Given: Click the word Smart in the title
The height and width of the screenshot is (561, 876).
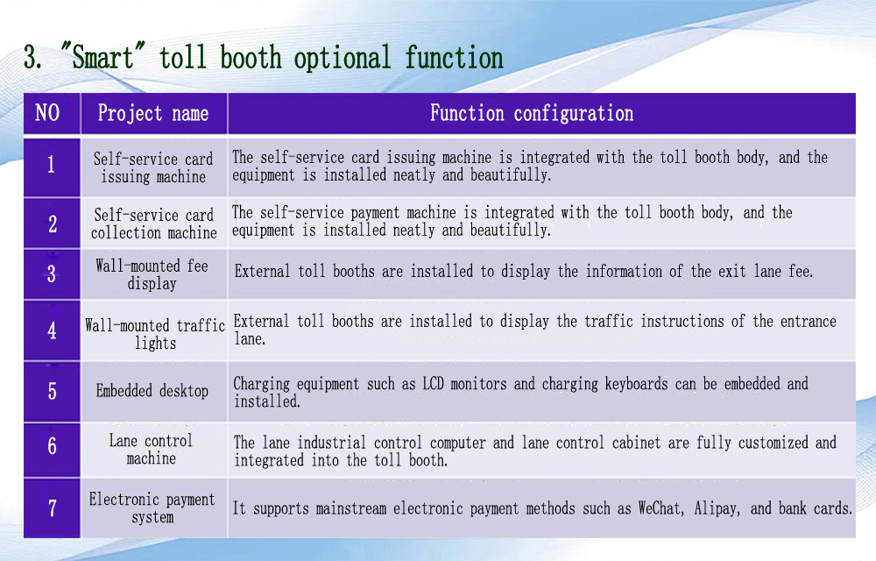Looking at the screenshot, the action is [x=102, y=58].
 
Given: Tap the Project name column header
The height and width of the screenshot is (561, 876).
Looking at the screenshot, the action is [x=153, y=113].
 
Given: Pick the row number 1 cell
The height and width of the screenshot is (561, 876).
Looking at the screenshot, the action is [x=52, y=167].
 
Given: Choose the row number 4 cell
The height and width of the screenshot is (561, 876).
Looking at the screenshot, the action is [x=52, y=330].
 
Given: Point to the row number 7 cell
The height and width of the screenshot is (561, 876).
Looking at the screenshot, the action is [x=52, y=508].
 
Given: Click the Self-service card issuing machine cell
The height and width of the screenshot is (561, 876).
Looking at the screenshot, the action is [x=153, y=167].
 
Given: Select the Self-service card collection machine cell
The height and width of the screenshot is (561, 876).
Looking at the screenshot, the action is [x=153, y=224].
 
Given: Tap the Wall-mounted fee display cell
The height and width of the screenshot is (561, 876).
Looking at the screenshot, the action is [x=153, y=273].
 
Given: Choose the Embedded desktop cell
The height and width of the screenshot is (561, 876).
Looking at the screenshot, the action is [x=153, y=391].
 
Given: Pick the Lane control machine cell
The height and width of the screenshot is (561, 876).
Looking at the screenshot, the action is [x=153, y=450].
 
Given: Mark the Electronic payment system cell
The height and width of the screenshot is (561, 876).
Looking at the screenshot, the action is [x=153, y=508].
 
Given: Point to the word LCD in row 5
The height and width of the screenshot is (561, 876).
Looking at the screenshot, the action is [x=433, y=384].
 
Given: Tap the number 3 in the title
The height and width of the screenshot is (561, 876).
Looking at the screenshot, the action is [x=32, y=58].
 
